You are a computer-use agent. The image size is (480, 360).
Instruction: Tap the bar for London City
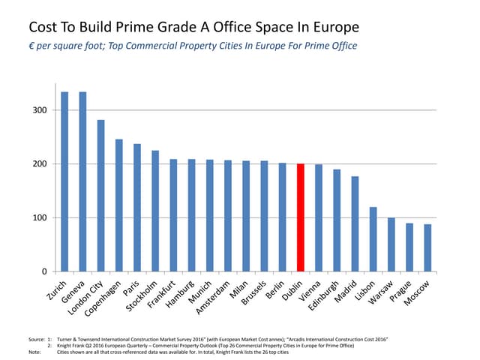[x=100, y=196]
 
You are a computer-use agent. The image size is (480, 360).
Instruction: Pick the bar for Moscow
[x=427, y=247]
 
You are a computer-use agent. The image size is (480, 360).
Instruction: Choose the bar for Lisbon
[x=373, y=239]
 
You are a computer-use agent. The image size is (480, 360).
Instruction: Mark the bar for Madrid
[x=355, y=223]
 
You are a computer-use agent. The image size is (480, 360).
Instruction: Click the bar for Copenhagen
[x=118, y=205]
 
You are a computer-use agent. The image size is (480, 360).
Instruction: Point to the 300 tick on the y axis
[x=40, y=110]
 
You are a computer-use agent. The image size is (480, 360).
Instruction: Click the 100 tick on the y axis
[x=40, y=217]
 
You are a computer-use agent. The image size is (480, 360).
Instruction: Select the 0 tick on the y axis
[x=44, y=271]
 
